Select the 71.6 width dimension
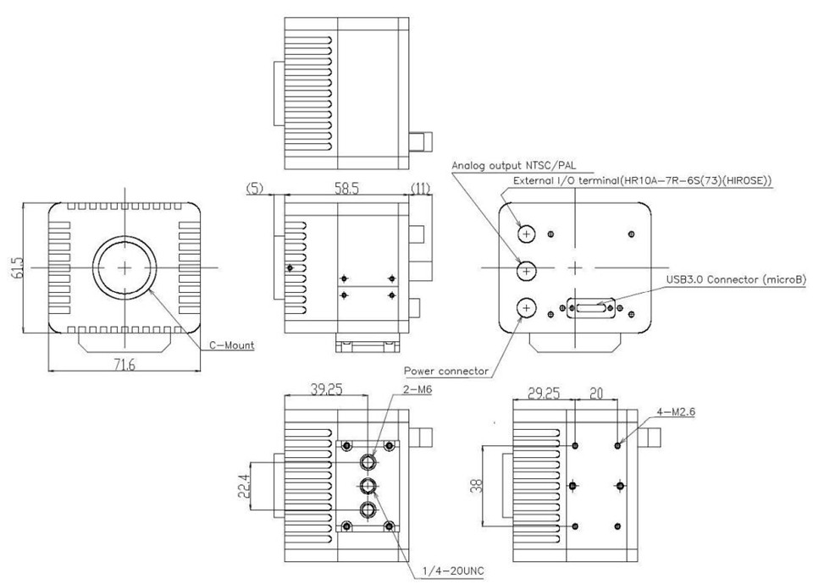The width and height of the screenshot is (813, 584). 124,365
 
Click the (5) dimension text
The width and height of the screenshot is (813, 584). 254,189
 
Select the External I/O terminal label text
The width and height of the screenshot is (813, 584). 644,181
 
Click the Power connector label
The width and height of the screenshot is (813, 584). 445,371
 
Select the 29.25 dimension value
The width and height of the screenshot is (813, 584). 545,394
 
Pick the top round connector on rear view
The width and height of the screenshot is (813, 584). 528,233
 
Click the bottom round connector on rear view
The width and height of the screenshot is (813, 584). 528,308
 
